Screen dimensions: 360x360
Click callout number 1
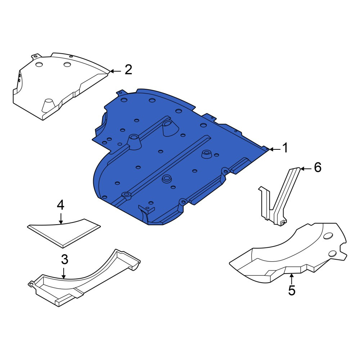pyautogui.click(x=285, y=148)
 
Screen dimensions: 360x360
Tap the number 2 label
pyautogui.click(x=129, y=69)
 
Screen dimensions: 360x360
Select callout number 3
pyautogui.click(x=65, y=260)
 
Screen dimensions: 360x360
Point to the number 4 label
pyautogui.click(x=60, y=205)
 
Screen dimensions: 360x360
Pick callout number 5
pyautogui.click(x=292, y=291)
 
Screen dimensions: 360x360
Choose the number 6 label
pyautogui.click(x=318, y=168)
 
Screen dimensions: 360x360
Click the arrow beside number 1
pyautogui.click(x=275, y=149)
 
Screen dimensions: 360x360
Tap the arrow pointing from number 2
pyautogui.click(x=116, y=71)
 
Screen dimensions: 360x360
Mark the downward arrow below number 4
pyautogui.click(x=61, y=218)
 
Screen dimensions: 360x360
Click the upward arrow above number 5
pyautogui.click(x=291, y=279)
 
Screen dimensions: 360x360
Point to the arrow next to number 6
pyautogui.click(x=306, y=169)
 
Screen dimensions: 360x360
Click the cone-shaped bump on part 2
pyautogui.click(x=48, y=105)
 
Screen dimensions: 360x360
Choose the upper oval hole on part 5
pyautogui.click(x=329, y=236)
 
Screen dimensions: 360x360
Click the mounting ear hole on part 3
pyautogui.click(x=31, y=285)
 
